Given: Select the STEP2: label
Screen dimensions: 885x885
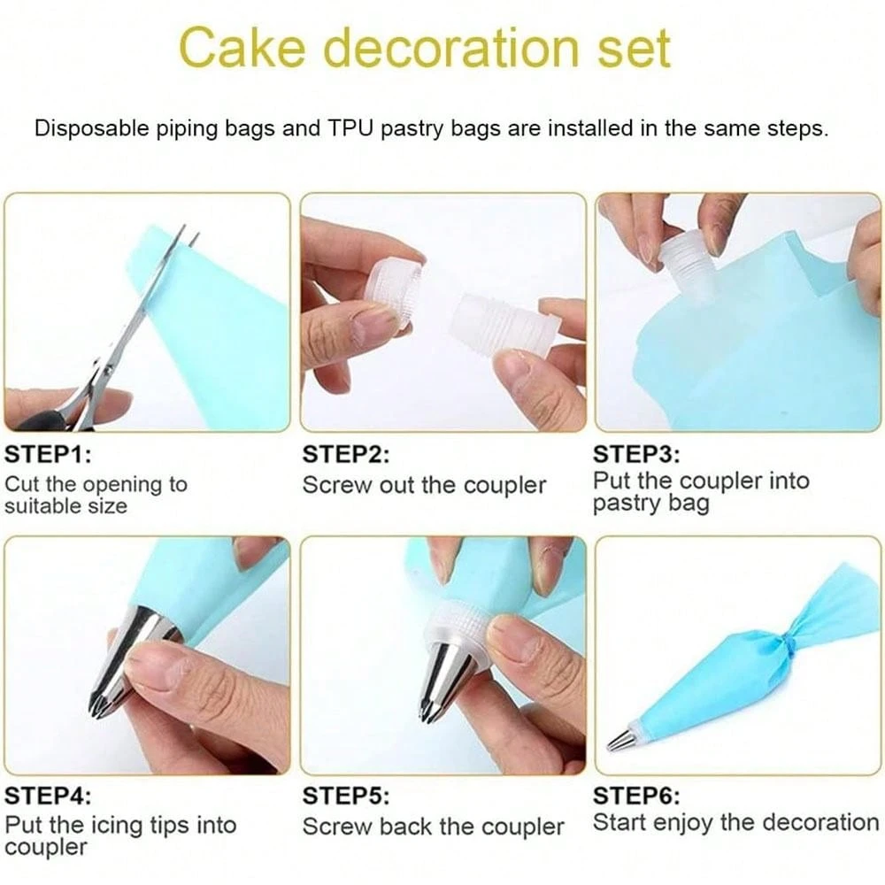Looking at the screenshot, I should [x=346, y=456].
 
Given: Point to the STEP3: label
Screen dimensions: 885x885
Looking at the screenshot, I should [x=636, y=456].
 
